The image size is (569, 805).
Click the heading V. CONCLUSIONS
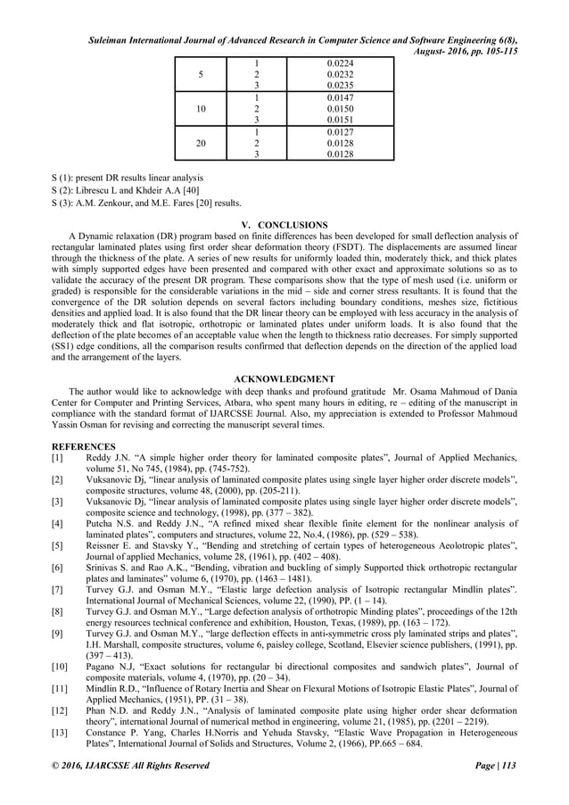pyautogui.click(x=285, y=223)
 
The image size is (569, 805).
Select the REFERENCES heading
pyautogui.click(x=83, y=445)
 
